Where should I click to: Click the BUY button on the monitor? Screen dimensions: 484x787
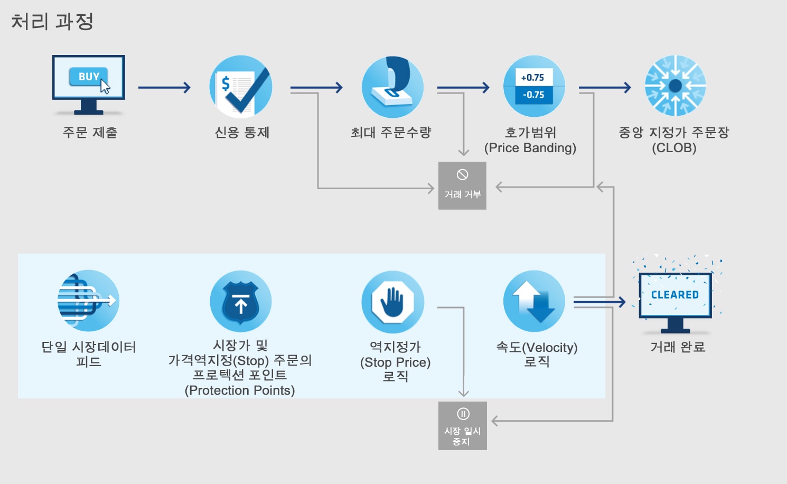(88, 77)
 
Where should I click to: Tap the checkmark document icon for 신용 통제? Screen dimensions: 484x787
(241, 87)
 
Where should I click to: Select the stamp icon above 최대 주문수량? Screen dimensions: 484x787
(392, 87)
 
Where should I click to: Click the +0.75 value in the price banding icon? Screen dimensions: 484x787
(532, 78)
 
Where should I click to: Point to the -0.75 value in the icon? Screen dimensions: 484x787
(533, 95)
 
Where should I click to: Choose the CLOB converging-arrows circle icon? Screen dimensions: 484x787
(675, 86)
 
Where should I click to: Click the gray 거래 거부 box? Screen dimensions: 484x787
(462, 185)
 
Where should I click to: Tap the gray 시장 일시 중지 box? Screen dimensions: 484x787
(463, 426)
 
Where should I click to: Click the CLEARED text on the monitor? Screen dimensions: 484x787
(674, 295)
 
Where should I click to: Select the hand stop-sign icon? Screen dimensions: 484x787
(393, 302)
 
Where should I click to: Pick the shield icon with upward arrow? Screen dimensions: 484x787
(241, 302)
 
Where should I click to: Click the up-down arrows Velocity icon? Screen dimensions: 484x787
(534, 302)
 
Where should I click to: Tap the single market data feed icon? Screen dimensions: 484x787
(88, 301)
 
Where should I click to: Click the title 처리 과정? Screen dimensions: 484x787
(52, 22)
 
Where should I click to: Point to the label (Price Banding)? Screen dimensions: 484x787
(530, 148)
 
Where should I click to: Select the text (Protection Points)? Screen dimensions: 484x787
(240, 390)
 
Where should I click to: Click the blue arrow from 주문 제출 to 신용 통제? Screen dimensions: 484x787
(164, 88)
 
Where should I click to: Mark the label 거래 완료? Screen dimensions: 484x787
(678, 347)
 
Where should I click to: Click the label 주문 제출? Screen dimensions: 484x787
(90, 133)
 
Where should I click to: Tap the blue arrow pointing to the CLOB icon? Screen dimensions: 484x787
(605, 88)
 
